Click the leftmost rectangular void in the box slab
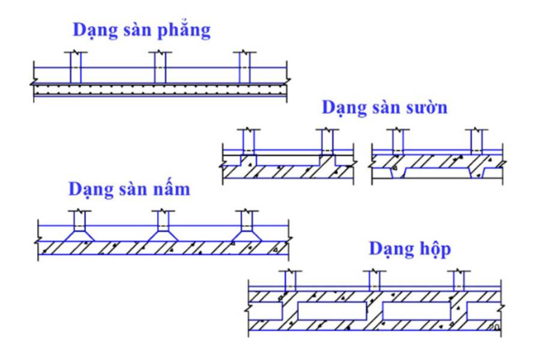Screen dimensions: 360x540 [267, 311]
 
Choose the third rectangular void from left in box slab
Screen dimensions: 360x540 [416, 311]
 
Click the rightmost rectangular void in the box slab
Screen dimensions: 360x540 [484, 311]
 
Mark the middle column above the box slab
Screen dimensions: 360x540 [373, 280]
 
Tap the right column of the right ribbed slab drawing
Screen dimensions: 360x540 [476, 142]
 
